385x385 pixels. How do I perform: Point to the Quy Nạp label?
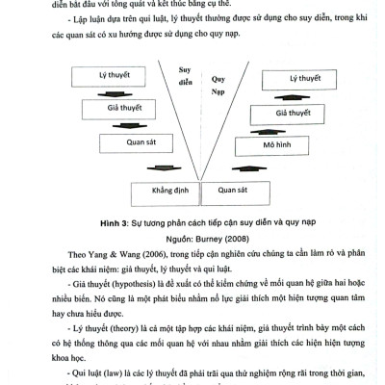pyautogui.click(x=218, y=78)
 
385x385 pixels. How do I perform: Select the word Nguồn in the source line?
pyautogui.click(x=160, y=234)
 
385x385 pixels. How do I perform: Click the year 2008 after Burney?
pyautogui.click(x=232, y=234)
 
